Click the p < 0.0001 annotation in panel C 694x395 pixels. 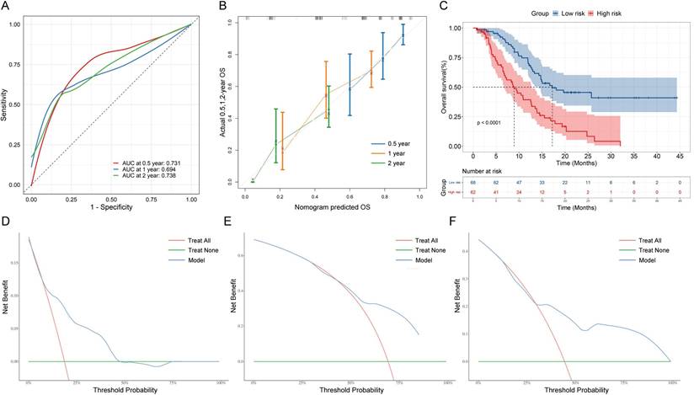tap(494, 123)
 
